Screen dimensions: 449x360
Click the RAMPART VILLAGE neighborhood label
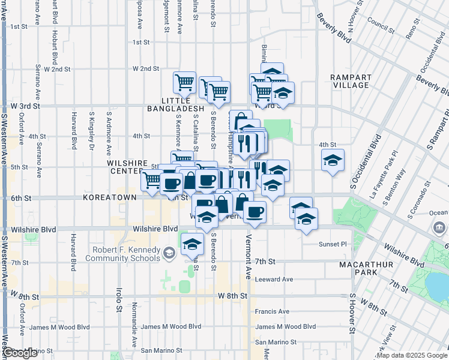coord(351,81)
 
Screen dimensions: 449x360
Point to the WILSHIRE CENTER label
coord(127,167)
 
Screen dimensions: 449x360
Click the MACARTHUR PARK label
coord(364,269)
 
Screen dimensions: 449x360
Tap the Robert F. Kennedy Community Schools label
coord(125,254)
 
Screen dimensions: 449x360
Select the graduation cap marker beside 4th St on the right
coord(333,160)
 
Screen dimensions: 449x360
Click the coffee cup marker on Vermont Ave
coord(255,212)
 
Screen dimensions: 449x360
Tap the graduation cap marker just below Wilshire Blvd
coord(193,244)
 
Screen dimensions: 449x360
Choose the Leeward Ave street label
coord(274,280)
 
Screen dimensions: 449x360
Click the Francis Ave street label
coord(272,311)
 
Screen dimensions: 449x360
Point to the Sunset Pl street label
coord(333,244)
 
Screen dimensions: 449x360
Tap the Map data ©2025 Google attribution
coord(411,356)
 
